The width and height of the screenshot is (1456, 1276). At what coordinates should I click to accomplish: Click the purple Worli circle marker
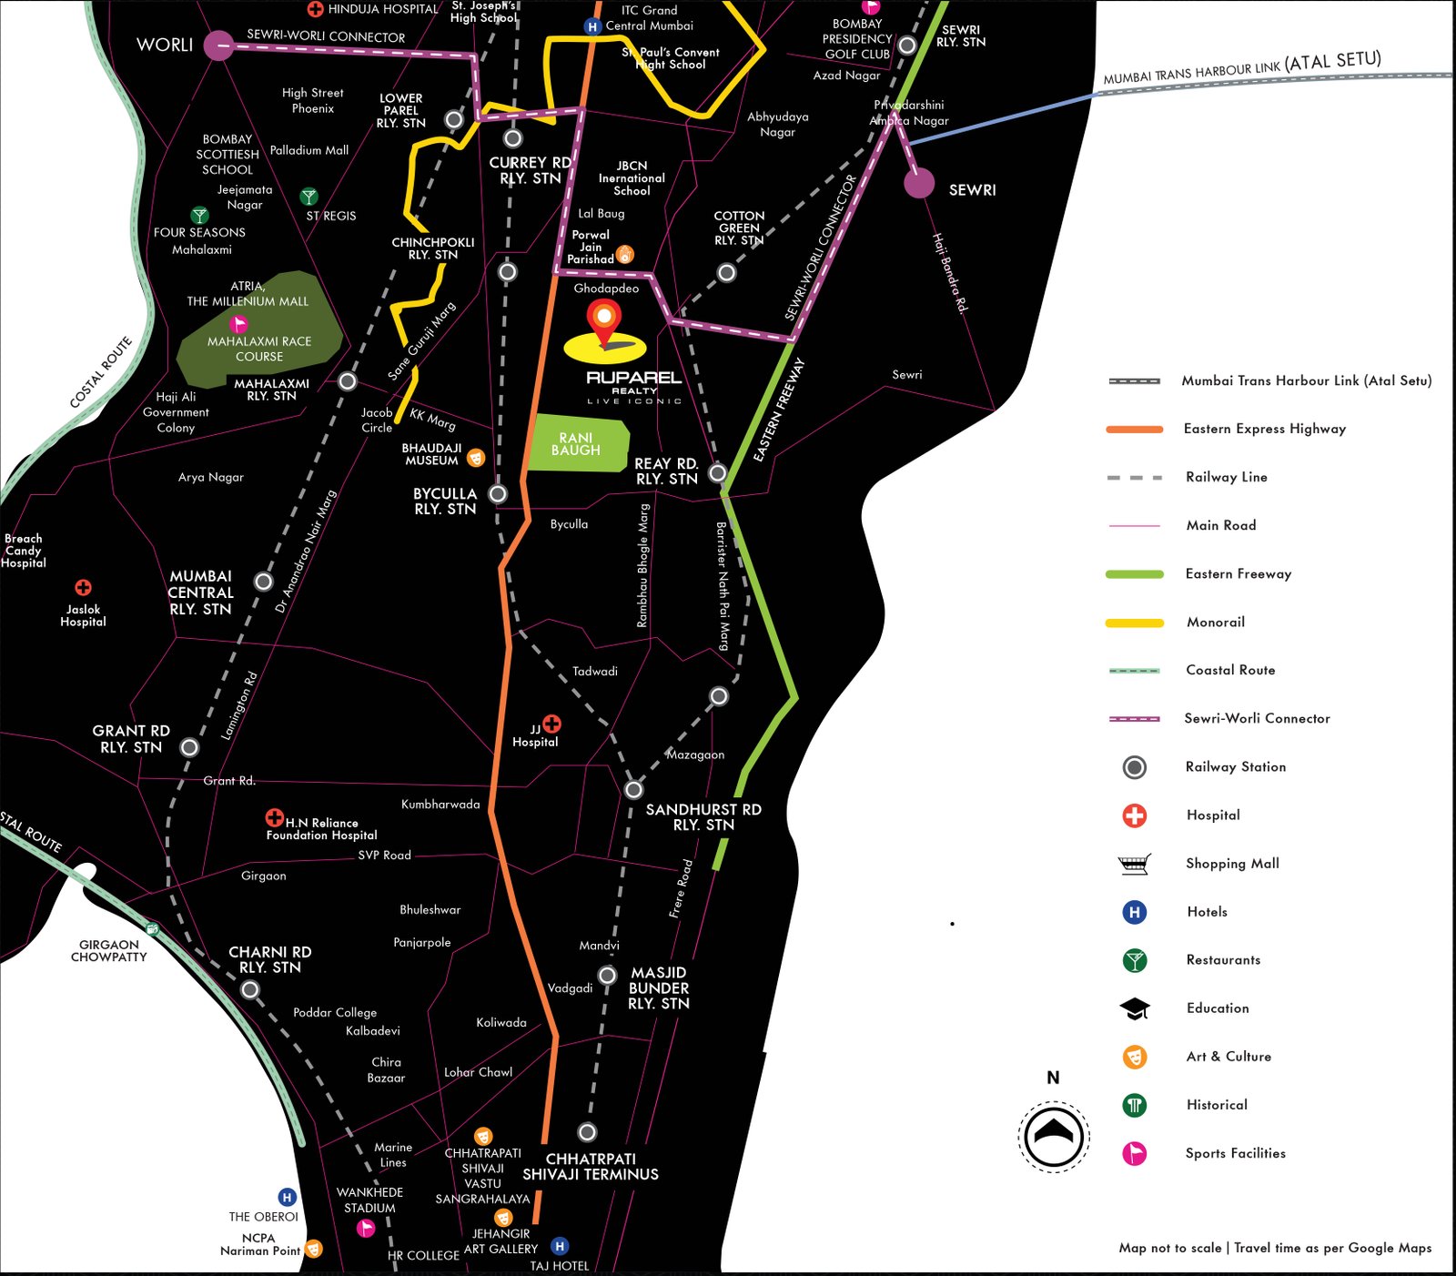click(218, 45)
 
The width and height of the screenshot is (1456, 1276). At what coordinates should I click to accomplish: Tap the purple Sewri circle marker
click(919, 183)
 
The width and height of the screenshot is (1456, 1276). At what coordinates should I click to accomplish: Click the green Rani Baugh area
click(578, 444)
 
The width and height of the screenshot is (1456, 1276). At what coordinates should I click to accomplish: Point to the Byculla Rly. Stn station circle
click(498, 493)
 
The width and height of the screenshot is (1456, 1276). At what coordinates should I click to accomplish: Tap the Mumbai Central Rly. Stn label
click(200, 592)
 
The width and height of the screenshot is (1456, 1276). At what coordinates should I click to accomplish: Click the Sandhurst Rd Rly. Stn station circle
click(633, 789)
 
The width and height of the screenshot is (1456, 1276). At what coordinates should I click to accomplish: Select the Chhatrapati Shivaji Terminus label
click(591, 1166)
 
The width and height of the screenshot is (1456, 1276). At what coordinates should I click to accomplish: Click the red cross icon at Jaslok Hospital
click(83, 588)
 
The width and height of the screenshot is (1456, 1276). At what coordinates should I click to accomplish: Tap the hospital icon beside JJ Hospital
click(551, 724)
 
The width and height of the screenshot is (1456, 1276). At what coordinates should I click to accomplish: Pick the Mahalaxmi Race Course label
click(259, 349)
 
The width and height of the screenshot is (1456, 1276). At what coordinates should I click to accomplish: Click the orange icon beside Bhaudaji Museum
click(475, 458)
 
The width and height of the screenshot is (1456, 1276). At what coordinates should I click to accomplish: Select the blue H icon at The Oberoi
click(287, 1198)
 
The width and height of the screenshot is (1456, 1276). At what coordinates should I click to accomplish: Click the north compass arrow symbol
click(1053, 1134)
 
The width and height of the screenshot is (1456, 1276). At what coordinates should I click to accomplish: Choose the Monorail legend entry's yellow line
click(1134, 623)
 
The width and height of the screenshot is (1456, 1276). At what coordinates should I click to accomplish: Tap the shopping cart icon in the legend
click(1134, 864)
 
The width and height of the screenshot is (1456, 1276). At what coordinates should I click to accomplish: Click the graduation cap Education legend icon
click(1134, 1008)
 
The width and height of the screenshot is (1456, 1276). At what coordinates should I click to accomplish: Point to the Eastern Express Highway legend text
click(1264, 429)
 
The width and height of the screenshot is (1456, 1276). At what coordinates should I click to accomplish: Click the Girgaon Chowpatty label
click(108, 951)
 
